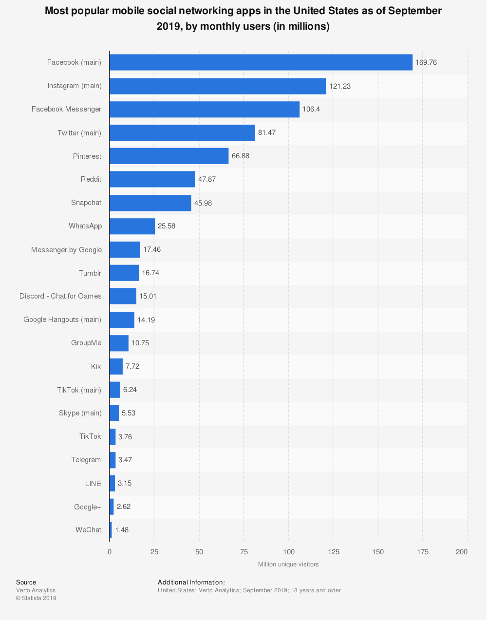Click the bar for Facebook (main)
pos(261,62)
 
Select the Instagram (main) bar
pos(218,86)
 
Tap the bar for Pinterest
pos(169,156)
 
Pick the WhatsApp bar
pos(132,226)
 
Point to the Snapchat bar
pos(150,203)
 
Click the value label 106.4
pos(311,109)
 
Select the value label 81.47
pos(267,132)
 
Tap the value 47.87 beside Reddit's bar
pos(207,179)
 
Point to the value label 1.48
pos(122,530)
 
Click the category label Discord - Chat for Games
pos(60,296)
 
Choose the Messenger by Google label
pos(67,250)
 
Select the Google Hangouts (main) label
pos(62,319)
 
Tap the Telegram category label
pos(86,460)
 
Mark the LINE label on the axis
pos(93,484)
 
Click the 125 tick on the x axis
pos(333,552)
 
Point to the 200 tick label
pos(462,552)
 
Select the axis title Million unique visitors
pos(288,564)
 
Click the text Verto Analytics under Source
pos(36,590)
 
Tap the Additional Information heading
pos(191,582)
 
